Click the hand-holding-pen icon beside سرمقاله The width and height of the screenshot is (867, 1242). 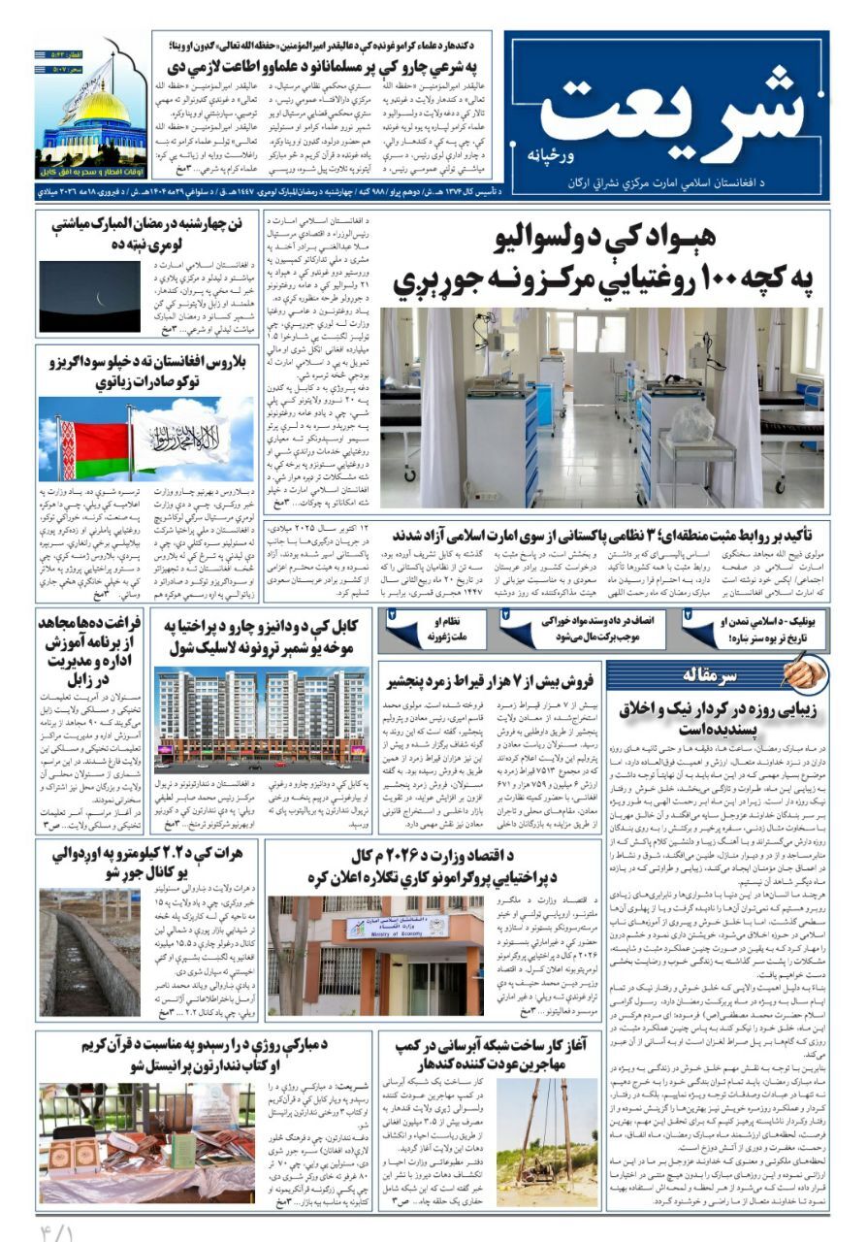[x=801, y=672]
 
